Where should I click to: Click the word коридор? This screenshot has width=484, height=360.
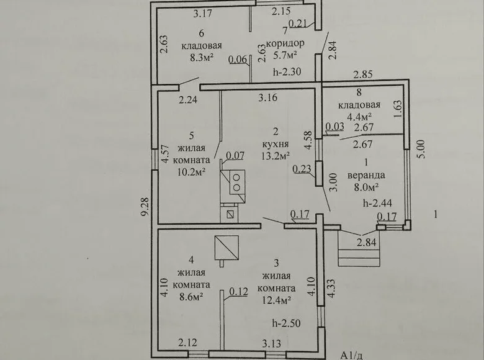[x=284, y=43]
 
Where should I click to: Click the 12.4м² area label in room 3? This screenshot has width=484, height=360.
[x=277, y=300]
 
